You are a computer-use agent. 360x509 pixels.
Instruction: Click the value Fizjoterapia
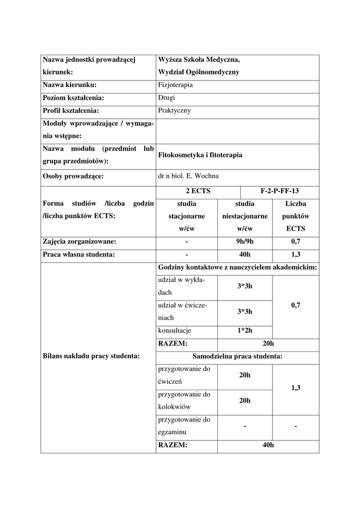[x=175, y=85]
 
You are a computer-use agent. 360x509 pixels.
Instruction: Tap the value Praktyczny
[x=174, y=111]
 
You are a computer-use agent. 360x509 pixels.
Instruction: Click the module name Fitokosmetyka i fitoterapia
[x=200, y=155]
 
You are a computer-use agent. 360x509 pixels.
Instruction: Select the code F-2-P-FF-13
[x=279, y=191]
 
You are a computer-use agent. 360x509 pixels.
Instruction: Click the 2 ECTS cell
[x=197, y=191]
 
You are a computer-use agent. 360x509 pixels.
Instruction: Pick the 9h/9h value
[x=245, y=242]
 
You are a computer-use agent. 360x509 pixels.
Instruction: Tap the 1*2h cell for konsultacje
[x=245, y=331]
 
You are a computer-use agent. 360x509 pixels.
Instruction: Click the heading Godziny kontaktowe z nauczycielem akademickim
[x=237, y=267]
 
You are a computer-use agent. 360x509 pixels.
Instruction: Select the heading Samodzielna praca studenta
[x=237, y=356]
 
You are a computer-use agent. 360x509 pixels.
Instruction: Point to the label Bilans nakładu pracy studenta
[x=91, y=356]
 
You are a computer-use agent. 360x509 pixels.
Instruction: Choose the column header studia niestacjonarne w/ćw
[x=245, y=216]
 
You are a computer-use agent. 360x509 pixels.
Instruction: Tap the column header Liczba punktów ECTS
[x=295, y=216]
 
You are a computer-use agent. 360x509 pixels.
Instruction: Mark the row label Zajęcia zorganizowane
[x=80, y=242]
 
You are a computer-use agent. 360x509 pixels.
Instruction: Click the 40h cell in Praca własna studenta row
[x=245, y=255]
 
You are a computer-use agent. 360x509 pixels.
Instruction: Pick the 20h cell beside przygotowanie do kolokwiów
[x=245, y=401]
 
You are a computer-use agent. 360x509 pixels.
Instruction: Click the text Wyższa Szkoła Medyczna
[x=198, y=60]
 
